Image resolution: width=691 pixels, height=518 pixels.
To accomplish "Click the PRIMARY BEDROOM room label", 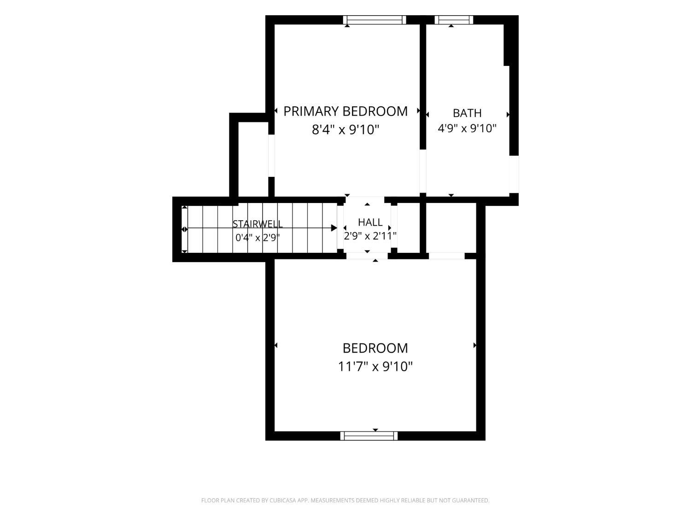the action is (x=345, y=111).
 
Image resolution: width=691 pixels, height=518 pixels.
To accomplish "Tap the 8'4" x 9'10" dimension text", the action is (x=345, y=129).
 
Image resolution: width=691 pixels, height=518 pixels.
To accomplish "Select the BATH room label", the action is (x=467, y=113).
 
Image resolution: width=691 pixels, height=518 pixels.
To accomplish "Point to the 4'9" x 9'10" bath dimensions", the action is (x=467, y=128).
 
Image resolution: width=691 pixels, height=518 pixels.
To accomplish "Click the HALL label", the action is (x=370, y=222).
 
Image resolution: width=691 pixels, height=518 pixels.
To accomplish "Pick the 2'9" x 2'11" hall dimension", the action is (x=370, y=236).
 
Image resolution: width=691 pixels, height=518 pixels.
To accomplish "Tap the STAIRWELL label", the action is (x=258, y=224).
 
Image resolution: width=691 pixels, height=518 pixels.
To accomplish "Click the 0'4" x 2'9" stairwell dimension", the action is (x=258, y=238).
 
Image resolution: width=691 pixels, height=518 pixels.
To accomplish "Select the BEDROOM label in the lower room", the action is (x=375, y=348).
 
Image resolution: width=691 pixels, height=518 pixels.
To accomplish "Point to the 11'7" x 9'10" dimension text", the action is (x=375, y=367).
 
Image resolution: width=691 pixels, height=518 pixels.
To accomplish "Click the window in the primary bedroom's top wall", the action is (x=375, y=20).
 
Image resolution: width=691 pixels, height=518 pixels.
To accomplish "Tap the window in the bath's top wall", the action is (x=454, y=20).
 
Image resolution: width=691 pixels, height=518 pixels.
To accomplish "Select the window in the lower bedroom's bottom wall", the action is (x=369, y=436).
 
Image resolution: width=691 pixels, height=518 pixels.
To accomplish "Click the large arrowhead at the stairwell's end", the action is (x=334, y=228).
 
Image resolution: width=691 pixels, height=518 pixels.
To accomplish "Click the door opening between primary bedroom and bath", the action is (x=423, y=171).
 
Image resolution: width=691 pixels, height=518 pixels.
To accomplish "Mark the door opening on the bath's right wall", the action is (x=514, y=174).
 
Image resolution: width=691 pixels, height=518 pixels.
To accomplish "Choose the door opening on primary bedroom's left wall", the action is (x=271, y=156).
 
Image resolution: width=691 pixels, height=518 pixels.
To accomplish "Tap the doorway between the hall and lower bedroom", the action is (x=367, y=256).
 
